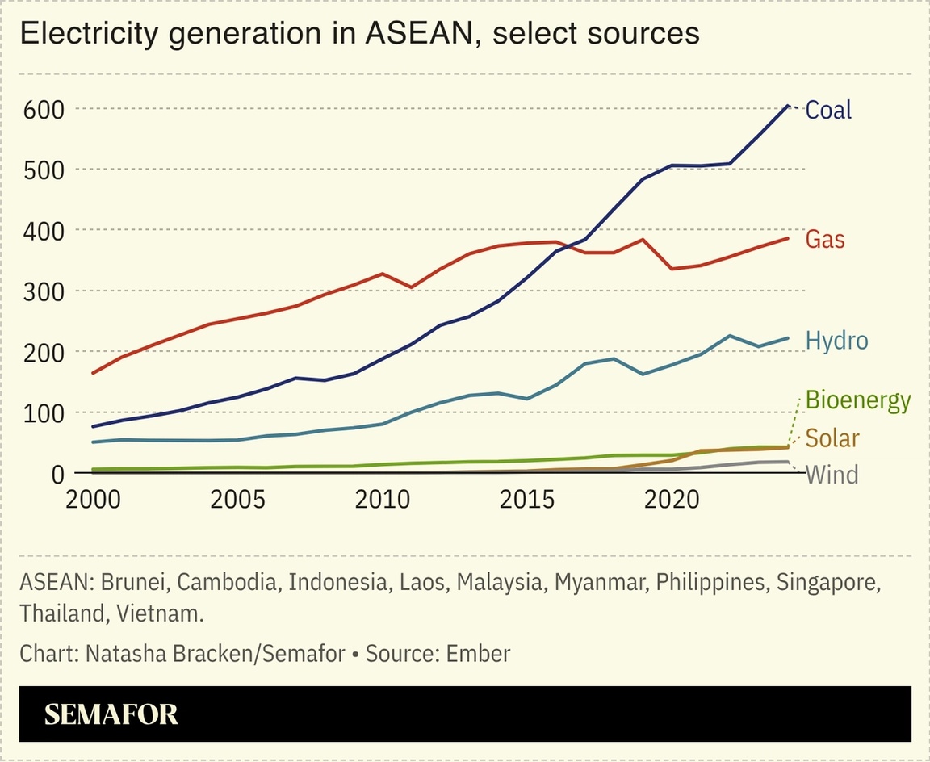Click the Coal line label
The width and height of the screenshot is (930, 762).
[x=828, y=110]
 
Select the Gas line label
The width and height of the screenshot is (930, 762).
[x=825, y=240]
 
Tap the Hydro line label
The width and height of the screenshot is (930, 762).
[x=836, y=341]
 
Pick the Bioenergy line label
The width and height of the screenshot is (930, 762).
[x=858, y=400]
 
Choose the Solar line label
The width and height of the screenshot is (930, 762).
[x=832, y=438]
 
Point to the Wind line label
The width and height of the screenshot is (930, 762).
[x=832, y=474]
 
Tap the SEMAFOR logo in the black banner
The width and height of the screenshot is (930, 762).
[x=111, y=714]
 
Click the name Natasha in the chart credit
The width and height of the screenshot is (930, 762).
[x=124, y=653]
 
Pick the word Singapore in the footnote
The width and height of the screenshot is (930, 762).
[x=827, y=582]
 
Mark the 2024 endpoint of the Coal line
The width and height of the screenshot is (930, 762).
[x=787, y=106]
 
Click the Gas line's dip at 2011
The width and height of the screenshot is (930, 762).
[x=412, y=287]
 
